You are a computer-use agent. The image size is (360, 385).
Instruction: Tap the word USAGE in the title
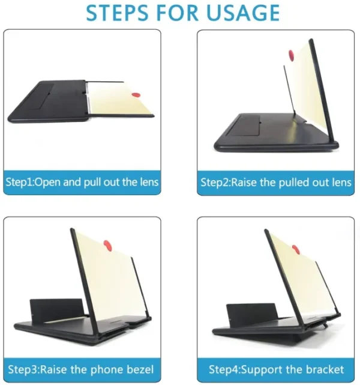tap(243, 13)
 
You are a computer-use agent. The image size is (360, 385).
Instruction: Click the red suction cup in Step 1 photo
tap(137, 94)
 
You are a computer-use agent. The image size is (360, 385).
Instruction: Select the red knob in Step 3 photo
tap(109, 244)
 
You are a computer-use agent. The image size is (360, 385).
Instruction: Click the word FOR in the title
tap(183, 13)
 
